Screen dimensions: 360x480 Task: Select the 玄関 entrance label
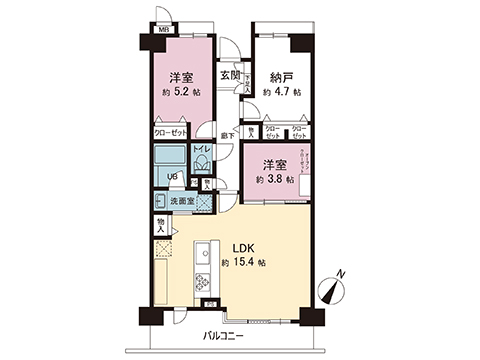click(x=229, y=75)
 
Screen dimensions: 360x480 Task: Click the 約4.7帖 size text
click(x=283, y=92)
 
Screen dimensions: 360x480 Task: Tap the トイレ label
click(x=199, y=149)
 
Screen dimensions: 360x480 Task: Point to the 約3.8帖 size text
click(x=274, y=180)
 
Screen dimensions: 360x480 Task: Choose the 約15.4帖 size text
click(x=244, y=264)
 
